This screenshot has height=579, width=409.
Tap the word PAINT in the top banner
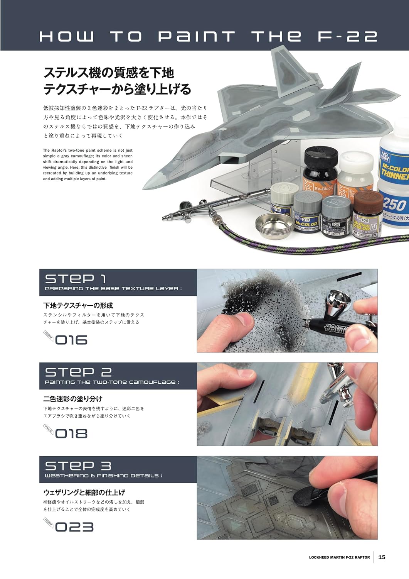tap(197, 36)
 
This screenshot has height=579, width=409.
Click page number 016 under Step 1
tap(71, 340)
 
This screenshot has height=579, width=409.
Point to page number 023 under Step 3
tap(74, 527)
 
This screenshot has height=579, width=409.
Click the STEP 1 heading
tap(76, 279)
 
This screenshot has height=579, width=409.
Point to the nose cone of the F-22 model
tap(152, 181)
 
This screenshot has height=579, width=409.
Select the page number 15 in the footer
tap(382, 557)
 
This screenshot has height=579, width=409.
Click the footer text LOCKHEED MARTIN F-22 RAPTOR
tap(339, 557)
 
